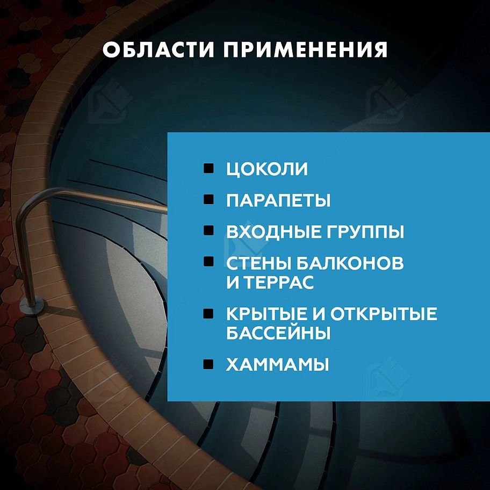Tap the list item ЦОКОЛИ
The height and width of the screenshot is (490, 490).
click(x=267, y=169)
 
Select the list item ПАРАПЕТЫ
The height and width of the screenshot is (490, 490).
click(x=278, y=200)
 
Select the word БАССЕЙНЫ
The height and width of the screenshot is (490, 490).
click(x=278, y=333)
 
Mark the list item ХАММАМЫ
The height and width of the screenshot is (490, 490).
click(x=277, y=365)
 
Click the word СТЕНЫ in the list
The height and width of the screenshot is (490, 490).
click(x=251, y=264)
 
